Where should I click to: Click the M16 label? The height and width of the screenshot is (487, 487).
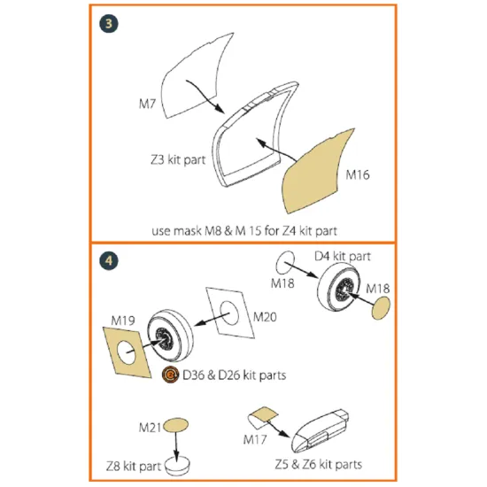pyautogui.click(x=357, y=175)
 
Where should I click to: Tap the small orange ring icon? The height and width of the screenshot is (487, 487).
pyautogui.click(x=169, y=375)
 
